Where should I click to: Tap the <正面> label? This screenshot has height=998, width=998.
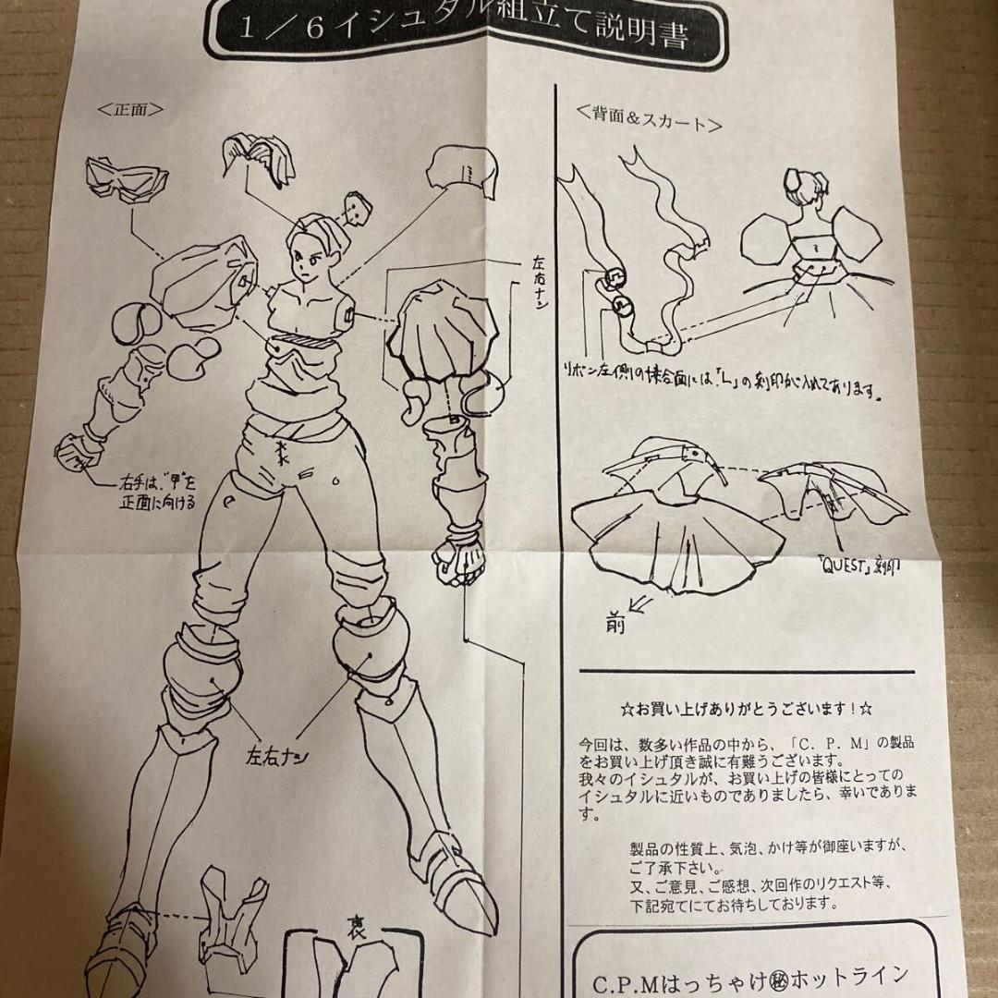130,108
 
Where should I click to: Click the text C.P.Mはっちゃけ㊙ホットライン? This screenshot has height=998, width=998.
739,976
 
